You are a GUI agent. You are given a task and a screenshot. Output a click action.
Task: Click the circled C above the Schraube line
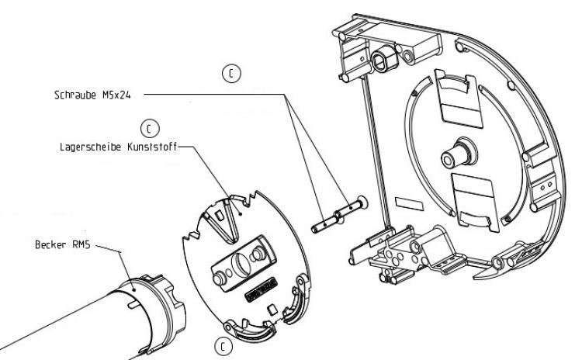(x=230, y=73)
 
